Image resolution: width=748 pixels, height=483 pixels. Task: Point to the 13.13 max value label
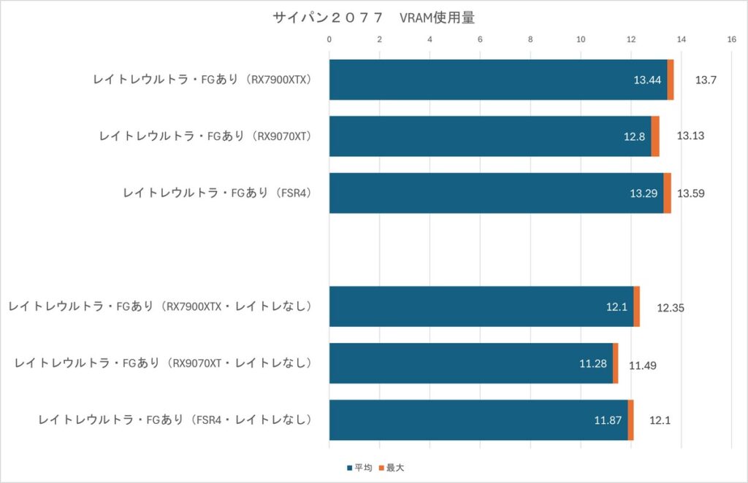click(690, 136)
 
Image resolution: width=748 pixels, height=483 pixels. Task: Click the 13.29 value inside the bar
click(644, 193)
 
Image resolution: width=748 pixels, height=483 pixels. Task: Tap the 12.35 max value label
click(670, 307)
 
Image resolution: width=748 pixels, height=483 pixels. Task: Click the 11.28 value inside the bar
click(593, 363)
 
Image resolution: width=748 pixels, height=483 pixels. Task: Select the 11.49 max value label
click(642, 364)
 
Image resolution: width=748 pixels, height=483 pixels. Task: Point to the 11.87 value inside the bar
click(608, 420)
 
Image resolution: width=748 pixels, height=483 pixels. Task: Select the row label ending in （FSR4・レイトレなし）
click(175, 420)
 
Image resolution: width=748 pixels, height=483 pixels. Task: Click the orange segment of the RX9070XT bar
click(655, 136)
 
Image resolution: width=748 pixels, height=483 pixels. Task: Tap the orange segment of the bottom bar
click(630, 420)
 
